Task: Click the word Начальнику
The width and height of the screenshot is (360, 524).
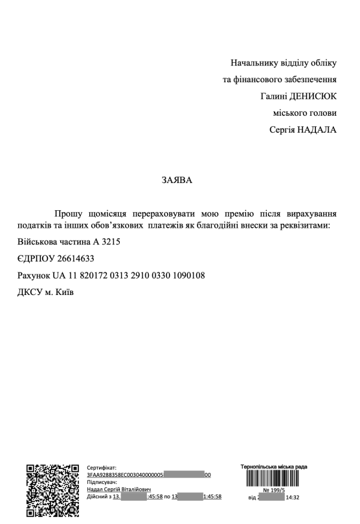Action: pyautogui.click(x=256, y=63)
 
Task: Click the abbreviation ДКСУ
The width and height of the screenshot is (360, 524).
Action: pyautogui.click(x=32, y=292)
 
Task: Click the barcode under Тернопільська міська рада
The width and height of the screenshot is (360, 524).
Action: pyautogui.click(x=282, y=479)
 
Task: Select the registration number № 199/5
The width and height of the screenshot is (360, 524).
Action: pyautogui.click(x=283, y=491)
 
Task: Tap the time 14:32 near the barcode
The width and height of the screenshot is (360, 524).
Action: pyautogui.click(x=291, y=498)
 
